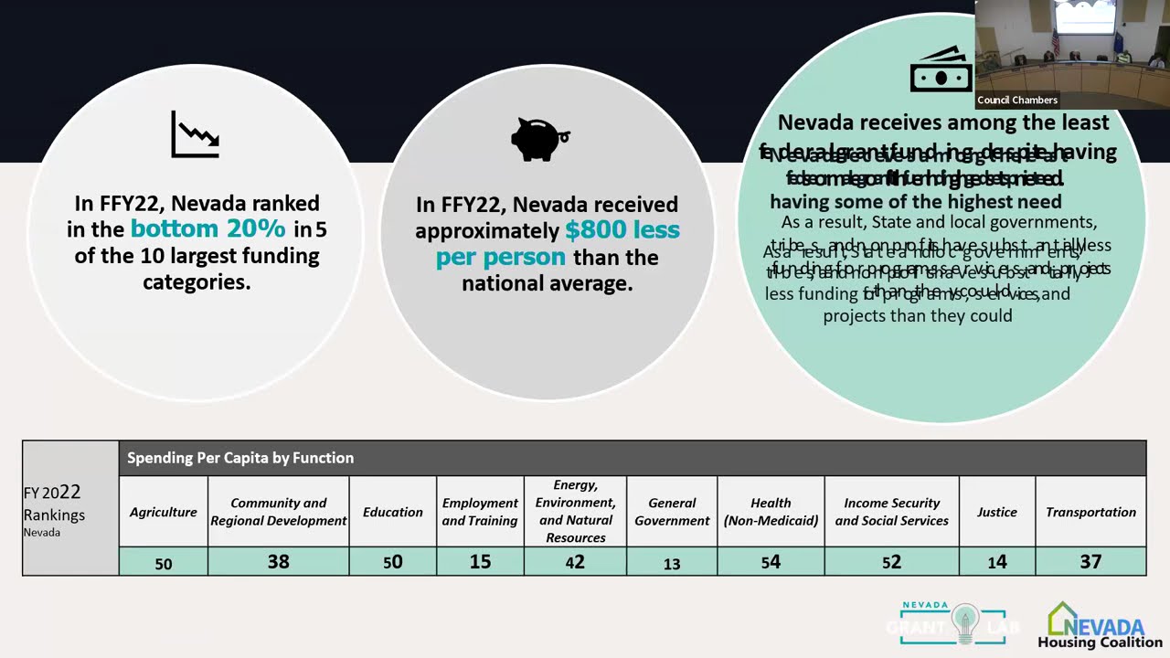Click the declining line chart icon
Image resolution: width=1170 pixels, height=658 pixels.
point(195,135)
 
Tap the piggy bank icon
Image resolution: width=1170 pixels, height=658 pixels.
point(539,138)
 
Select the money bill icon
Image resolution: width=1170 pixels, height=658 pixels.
point(941,70)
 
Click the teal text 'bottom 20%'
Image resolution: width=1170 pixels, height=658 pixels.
point(208,228)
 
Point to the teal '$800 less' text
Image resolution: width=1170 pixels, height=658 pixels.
point(622,229)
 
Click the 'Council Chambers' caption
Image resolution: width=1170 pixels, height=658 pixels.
point(1017,101)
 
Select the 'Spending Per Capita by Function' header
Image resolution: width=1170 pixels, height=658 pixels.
point(240,458)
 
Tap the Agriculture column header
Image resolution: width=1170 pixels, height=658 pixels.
point(164,512)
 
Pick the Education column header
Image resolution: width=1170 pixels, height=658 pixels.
point(393,512)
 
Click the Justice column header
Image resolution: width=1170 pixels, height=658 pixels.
point(996,512)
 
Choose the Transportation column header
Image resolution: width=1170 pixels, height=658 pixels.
point(1090,512)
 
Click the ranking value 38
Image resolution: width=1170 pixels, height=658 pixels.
point(279,561)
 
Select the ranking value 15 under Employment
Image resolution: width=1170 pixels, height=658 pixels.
point(480,561)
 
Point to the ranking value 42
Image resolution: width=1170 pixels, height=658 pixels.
point(575,562)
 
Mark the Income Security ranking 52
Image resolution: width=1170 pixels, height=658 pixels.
point(891,562)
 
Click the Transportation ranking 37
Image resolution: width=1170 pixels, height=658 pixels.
point(1090,561)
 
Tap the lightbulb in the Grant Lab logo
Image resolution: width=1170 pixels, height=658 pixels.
point(964,624)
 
